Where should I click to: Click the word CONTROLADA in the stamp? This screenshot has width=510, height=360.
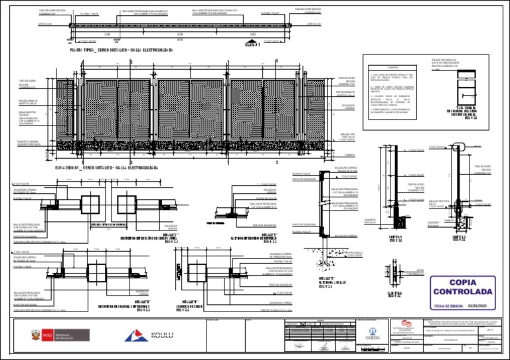click(463, 292)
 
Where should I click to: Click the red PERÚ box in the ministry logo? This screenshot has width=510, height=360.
click(46, 335)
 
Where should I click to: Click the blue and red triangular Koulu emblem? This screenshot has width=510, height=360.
click(133, 335)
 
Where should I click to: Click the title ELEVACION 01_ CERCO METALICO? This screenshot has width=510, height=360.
click(107, 168)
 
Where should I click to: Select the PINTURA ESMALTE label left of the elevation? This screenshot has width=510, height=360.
click(29, 102)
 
